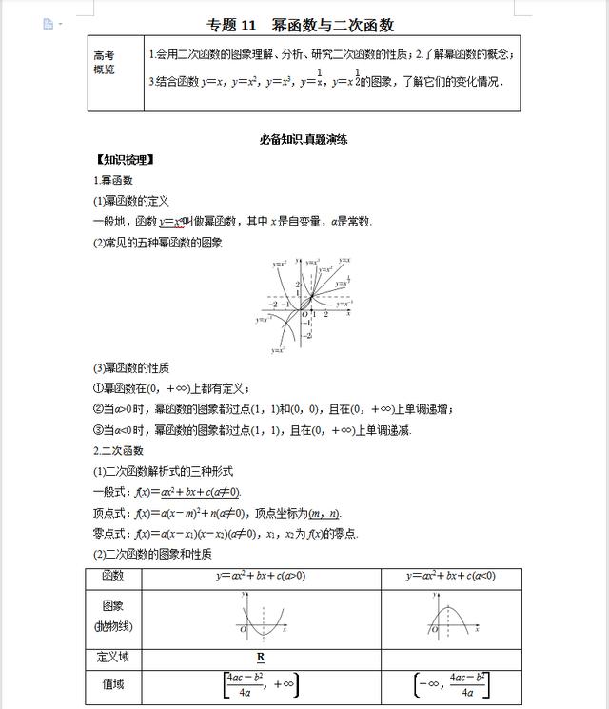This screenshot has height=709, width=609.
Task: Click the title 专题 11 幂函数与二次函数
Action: (301, 26)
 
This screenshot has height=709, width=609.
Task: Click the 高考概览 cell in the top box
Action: (105, 63)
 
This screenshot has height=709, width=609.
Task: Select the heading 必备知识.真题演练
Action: (304, 140)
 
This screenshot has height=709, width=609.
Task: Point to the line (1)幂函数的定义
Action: (130, 201)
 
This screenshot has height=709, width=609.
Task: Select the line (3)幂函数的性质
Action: (130, 368)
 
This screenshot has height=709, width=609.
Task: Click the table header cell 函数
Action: (113, 576)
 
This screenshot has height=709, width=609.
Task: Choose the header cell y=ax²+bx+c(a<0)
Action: (450, 576)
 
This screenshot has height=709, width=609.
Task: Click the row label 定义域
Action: (113, 657)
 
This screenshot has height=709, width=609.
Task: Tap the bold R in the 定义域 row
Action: (260, 658)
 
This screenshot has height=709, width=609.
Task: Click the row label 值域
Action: (113, 683)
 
